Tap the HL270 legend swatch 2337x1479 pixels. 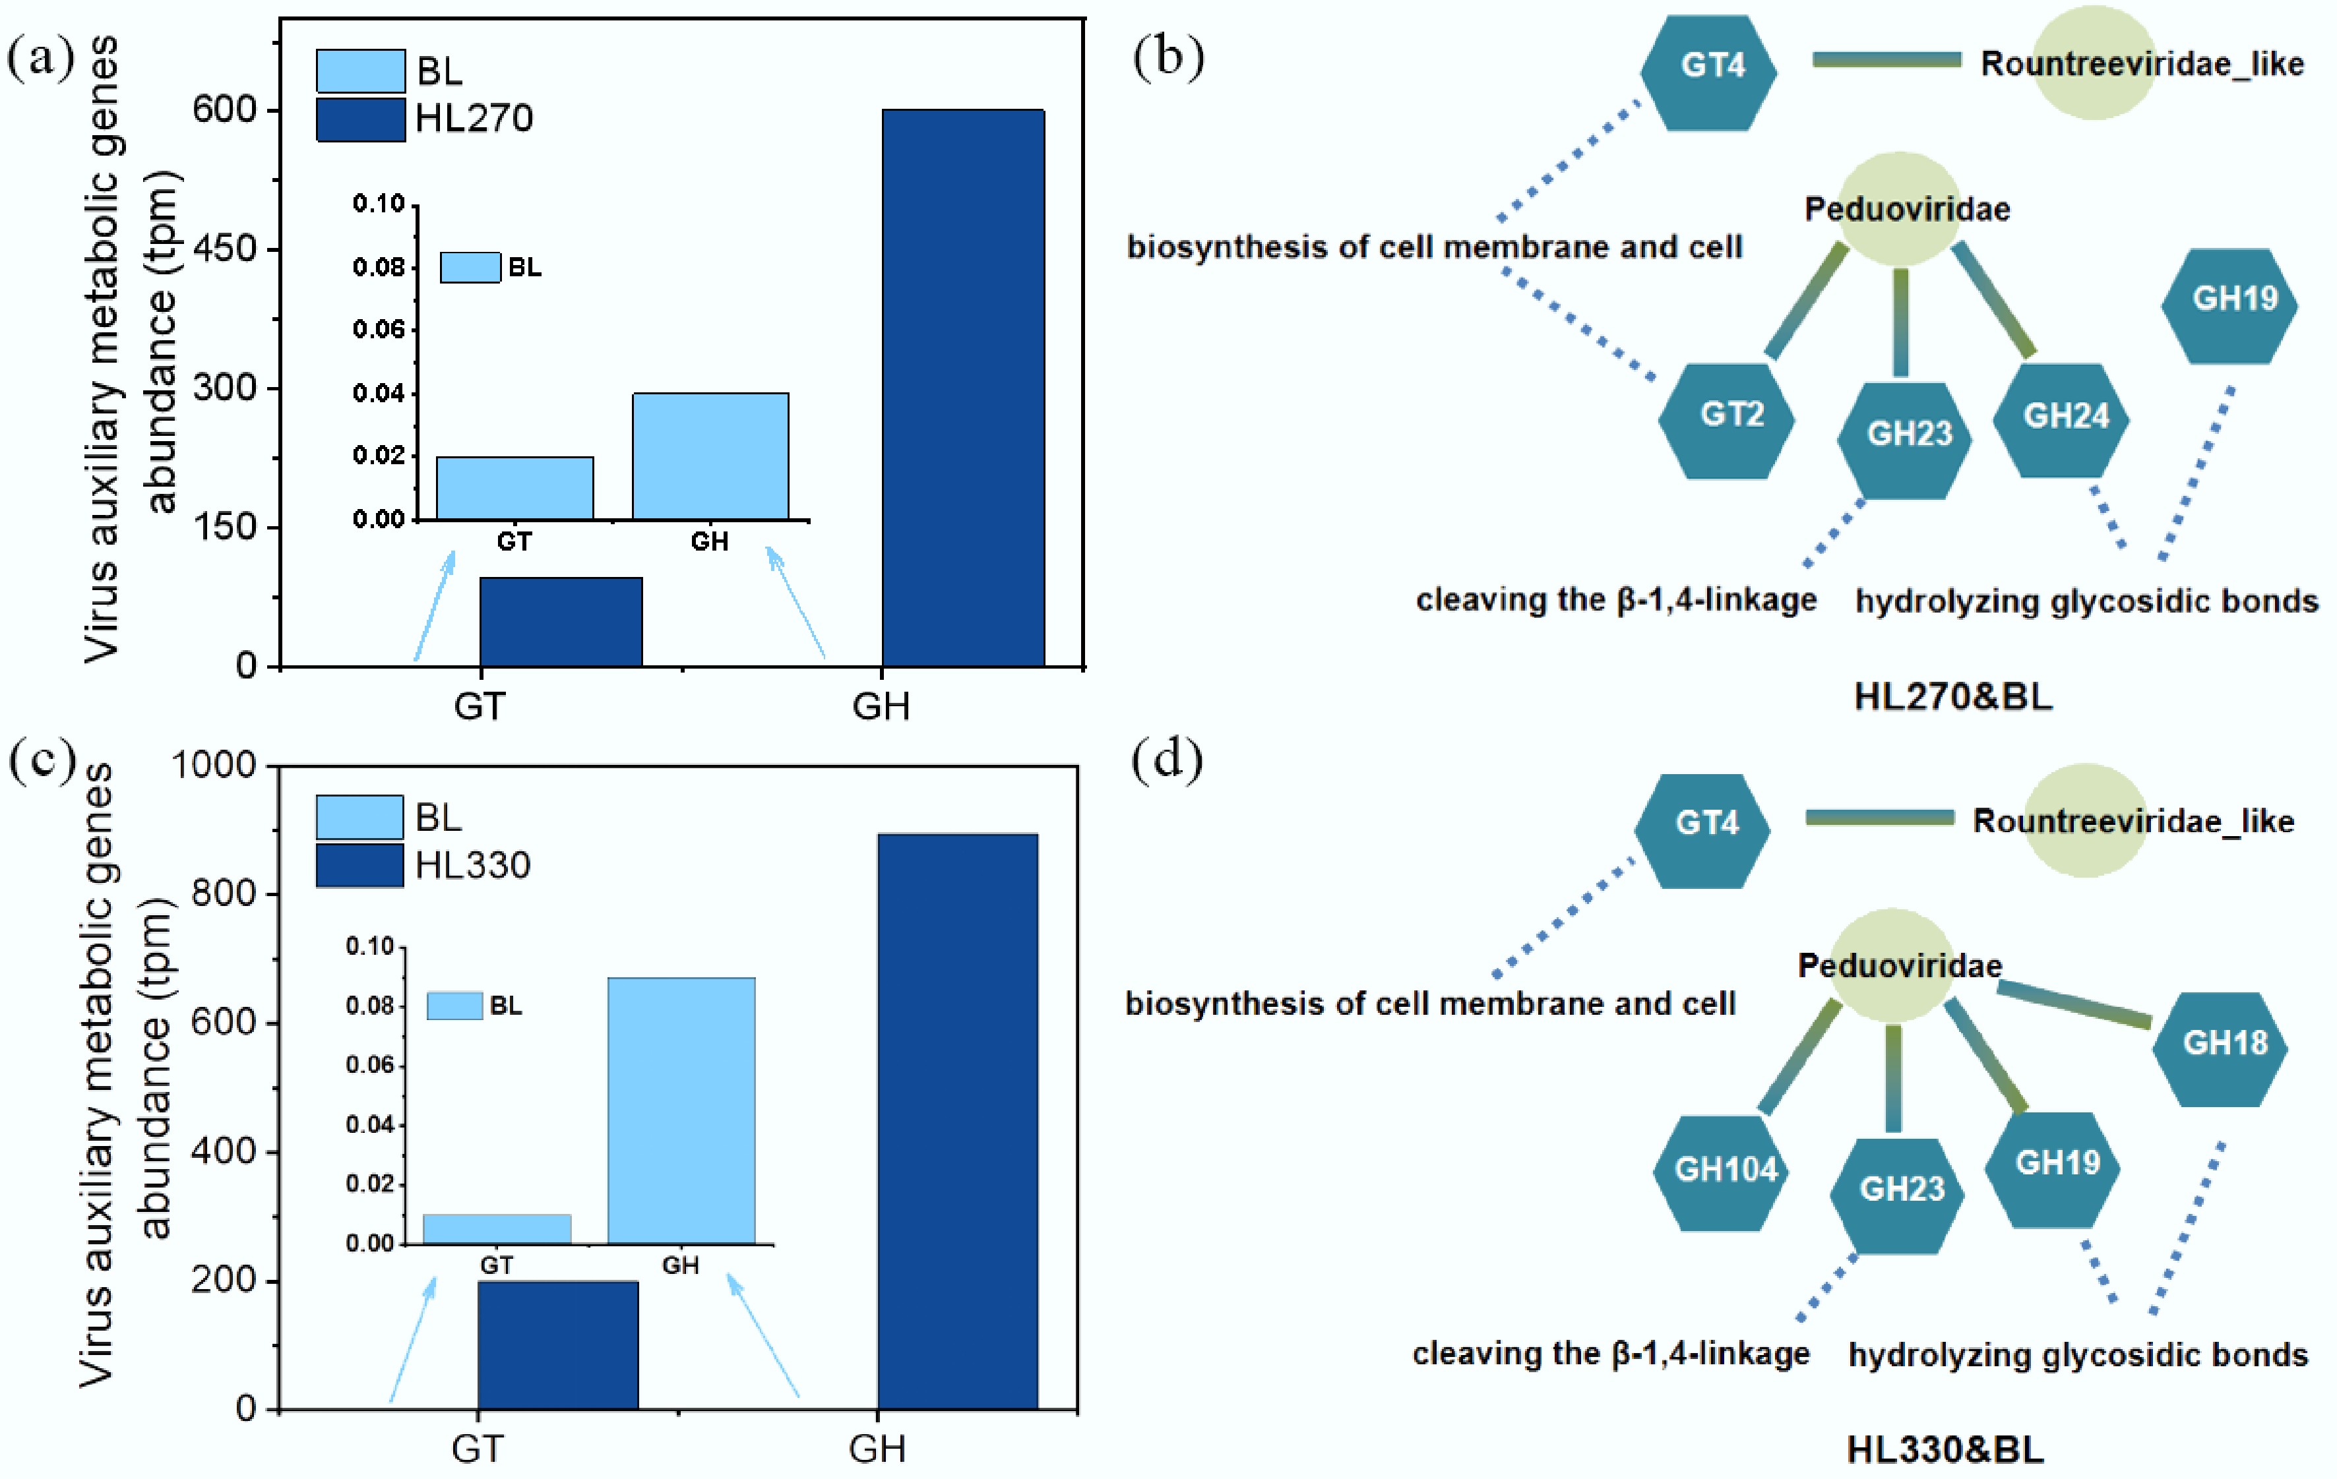pos(360,119)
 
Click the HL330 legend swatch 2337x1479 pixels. pos(359,864)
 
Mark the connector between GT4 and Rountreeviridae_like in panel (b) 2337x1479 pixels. pos(1886,60)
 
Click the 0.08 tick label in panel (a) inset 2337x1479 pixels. pos(379,267)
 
